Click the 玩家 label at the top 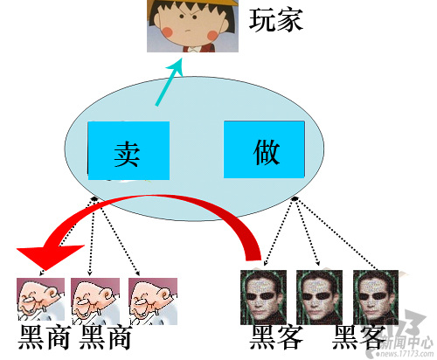[276, 20]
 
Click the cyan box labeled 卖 [128, 150]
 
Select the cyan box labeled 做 [264, 149]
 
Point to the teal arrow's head [176, 66]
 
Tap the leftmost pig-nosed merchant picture [40, 300]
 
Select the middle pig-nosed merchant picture [95, 301]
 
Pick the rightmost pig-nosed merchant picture [153, 301]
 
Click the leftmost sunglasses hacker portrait [263, 297]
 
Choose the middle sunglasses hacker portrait [319, 297]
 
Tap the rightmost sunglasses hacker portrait [376, 297]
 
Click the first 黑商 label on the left [45, 337]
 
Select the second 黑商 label [105, 337]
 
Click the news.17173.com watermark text [406, 354]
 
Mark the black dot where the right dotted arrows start [295, 198]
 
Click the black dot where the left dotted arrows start [94, 198]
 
